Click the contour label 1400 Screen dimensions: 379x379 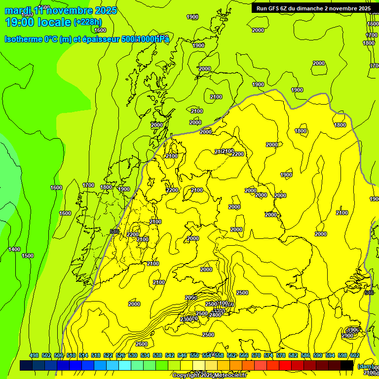(x=14, y=249)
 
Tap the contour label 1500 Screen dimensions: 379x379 (x=28, y=256)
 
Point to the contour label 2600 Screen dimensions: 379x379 (x=141, y=344)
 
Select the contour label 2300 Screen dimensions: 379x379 (x=186, y=320)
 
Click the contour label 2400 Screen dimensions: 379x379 (x=215, y=315)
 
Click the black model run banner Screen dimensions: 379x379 (x=313, y=8)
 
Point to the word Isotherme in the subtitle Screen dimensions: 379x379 (x=23, y=39)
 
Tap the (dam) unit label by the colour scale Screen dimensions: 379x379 (x=365, y=366)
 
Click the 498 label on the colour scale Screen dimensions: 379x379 (x=34, y=355)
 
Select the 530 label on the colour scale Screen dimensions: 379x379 (x=133, y=355)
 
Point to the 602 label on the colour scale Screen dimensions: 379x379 (x=355, y=355)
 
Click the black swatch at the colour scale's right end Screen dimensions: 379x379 (x=347, y=365)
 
